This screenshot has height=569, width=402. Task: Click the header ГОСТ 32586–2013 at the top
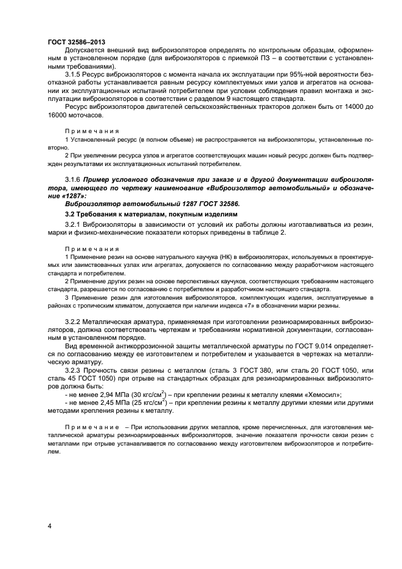[76, 42]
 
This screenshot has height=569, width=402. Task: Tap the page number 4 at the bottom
[49, 525]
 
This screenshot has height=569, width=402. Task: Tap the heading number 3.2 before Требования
[70, 215]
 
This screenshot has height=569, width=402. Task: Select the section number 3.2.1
[74, 226]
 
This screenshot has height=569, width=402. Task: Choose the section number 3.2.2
[74, 320]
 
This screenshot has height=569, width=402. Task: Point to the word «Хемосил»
[321, 394]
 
